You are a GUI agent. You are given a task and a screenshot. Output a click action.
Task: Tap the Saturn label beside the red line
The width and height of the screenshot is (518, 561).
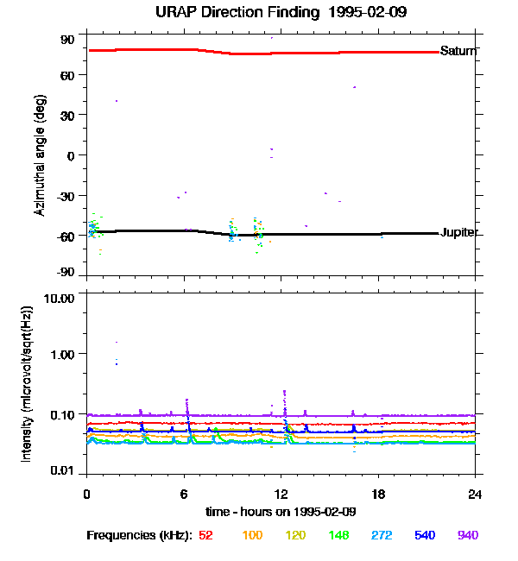coord(458,51)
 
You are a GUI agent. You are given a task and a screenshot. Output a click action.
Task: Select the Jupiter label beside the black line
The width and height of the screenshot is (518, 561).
coord(459,233)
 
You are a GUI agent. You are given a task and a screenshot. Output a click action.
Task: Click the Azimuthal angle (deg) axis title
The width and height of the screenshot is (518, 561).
coord(40,155)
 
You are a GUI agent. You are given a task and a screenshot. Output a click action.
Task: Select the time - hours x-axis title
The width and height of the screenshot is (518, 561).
coord(281,512)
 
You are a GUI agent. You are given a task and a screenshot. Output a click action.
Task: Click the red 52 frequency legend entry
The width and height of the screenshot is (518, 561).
coord(205,536)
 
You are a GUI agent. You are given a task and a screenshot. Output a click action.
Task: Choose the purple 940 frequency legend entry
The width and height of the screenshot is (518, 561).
coord(468,536)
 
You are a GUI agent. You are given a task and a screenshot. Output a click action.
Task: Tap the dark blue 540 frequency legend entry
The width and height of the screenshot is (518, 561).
coord(425,536)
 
